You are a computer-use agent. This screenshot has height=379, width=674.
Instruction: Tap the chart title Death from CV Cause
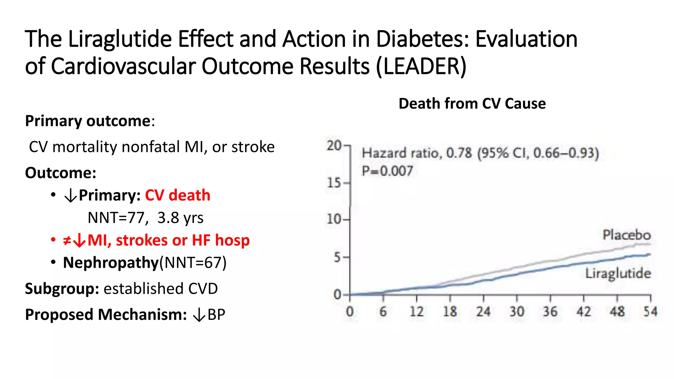[x=472, y=104]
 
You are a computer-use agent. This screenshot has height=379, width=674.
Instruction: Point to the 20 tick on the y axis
[x=334, y=145]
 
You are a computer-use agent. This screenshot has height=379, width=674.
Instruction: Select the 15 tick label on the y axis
[x=334, y=183]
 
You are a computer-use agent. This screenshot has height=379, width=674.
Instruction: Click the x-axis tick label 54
[x=650, y=312]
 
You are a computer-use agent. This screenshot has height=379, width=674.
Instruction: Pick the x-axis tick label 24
[x=483, y=312]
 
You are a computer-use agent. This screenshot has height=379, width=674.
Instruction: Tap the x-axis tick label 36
[x=550, y=312]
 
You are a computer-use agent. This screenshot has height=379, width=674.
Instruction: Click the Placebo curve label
[x=627, y=235]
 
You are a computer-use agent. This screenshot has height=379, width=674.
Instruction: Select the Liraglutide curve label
[x=618, y=273]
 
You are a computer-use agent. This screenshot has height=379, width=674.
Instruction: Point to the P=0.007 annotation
[x=387, y=171]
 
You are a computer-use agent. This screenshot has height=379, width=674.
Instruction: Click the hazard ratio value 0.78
[x=459, y=153]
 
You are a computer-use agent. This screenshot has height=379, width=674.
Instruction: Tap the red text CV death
[x=177, y=195]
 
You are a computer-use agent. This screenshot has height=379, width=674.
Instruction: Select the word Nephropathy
[x=111, y=263]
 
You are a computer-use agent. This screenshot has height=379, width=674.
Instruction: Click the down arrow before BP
[x=199, y=315]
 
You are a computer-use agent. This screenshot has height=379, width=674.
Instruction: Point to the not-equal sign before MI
[x=67, y=240]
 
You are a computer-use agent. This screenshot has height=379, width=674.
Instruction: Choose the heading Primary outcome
[x=88, y=121]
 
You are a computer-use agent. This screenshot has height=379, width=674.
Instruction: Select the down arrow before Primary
[x=70, y=196]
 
